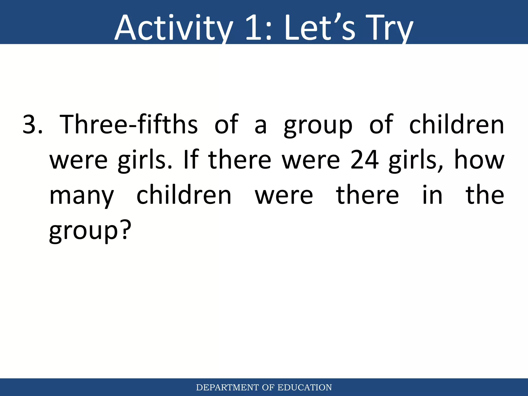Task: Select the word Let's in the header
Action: [x=320, y=28]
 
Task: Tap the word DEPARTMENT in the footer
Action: [x=227, y=387]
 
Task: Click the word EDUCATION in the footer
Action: [x=304, y=387]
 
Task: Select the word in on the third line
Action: [x=432, y=195]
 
